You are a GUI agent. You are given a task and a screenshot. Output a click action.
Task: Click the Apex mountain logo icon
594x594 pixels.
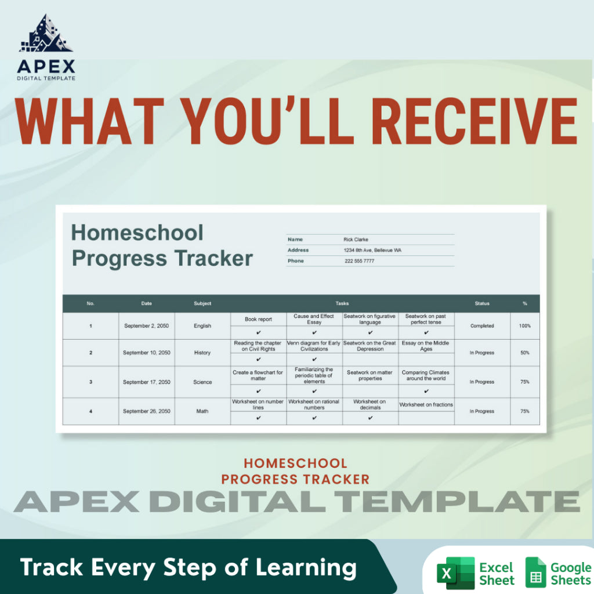[x=46, y=36]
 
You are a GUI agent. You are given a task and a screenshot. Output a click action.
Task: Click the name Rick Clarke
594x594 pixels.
[x=356, y=240]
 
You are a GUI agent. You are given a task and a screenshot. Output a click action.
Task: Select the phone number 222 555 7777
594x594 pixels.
[x=359, y=261]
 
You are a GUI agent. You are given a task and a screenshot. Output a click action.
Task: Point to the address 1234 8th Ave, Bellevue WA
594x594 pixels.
[x=372, y=250]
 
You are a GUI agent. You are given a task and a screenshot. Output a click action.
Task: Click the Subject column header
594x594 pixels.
[x=202, y=303]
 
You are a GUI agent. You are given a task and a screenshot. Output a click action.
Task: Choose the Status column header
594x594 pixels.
[x=482, y=303]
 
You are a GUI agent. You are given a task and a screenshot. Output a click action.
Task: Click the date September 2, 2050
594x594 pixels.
[x=146, y=326]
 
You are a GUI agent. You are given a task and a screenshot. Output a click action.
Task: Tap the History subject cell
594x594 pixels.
[x=202, y=353]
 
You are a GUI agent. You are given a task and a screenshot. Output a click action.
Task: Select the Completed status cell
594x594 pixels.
[x=482, y=326]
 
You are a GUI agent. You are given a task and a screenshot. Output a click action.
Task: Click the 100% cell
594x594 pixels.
[x=524, y=326]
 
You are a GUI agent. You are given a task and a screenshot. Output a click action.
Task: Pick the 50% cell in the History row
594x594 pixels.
[x=524, y=353]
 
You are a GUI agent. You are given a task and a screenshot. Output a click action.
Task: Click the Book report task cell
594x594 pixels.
[x=258, y=320]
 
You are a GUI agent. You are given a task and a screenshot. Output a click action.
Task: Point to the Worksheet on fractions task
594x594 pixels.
[x=426, y=405]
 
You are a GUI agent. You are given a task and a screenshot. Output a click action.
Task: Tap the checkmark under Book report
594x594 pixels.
[x=258, y=333]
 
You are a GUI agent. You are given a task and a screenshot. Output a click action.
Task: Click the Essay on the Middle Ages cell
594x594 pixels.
[x=426, y=346]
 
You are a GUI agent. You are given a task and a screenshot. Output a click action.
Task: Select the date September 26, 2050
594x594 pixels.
[x=146, y=411]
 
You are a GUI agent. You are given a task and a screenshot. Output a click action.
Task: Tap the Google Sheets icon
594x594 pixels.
[x=535, y=573]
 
